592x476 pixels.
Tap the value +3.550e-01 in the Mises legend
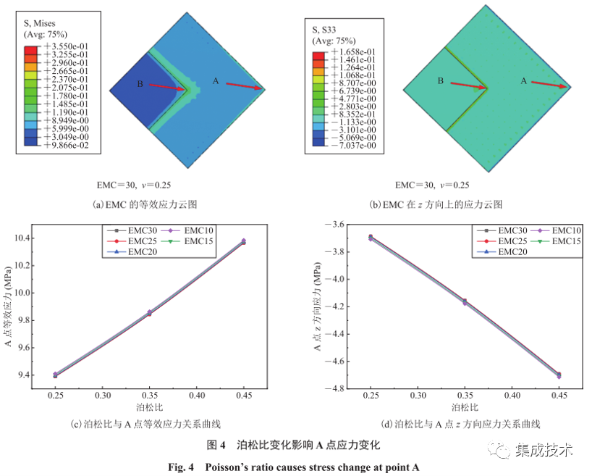point(66,45)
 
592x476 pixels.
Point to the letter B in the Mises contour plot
point(140,84)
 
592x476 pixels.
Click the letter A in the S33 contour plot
point(524,82)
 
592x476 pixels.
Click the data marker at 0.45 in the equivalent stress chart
point(244,241)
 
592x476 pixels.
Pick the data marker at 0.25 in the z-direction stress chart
point(371,237)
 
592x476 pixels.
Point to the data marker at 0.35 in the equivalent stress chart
point(149,313)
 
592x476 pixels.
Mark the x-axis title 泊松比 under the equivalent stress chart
point(149,408)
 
